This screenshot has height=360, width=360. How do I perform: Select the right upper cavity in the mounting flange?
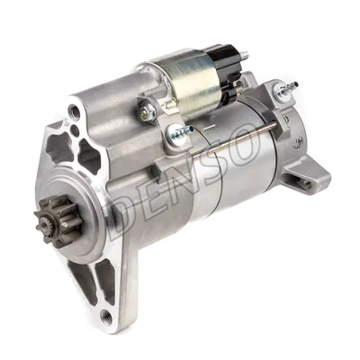(x=90, y=158)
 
